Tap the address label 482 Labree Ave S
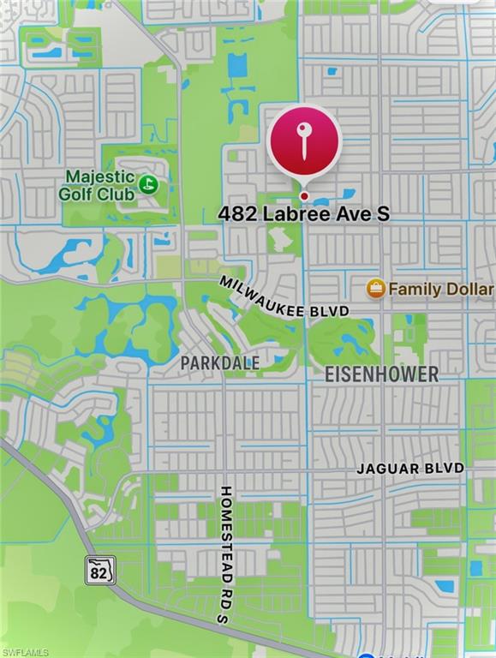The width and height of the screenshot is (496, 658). pyautogui.click(x=304, y=213)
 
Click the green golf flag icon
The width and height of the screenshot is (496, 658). pyautogui.click(x=149, y=183)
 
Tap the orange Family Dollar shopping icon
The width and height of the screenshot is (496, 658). pyautogui.click(x=375, y=289)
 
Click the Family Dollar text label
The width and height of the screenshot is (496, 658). pyautogui.click(x=440, y=290)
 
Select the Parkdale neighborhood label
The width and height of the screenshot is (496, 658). pyautogui.click(x=220, y=362)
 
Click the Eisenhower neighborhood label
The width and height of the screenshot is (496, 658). pyautogui.click(x=382, y=374)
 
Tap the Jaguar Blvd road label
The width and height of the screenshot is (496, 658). pyautogui.click(x=410, y=469)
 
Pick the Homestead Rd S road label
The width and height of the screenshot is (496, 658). pyautogui.click(x=225, y=554)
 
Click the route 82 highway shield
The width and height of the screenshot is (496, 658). pyautogui.click(x=99, y=570)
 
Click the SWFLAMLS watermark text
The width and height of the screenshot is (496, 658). pyautogui.click(x=25, y=652)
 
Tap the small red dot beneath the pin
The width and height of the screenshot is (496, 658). pyautogui.click(x=304, y=196)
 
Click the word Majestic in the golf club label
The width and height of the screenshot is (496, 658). pyautogui.click(x=101, y=176)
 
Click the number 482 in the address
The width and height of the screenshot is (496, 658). pyautogui.click(x=236, y=213)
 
